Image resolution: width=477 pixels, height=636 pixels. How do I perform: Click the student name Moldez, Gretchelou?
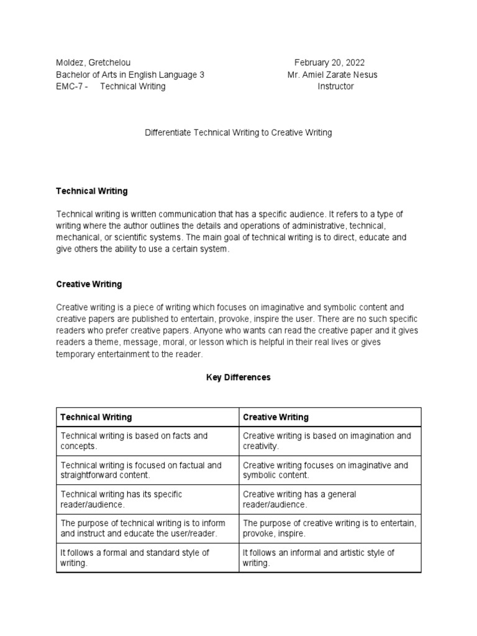tap(93, 63)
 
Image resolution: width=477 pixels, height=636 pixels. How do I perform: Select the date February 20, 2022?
tap(329, 63)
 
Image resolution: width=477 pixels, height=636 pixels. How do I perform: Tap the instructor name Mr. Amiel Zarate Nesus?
tap(332, 75)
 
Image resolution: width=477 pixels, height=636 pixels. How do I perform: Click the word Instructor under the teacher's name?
tap(335, 86)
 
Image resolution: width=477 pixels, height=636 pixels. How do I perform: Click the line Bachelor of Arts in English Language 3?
tap(130, 75)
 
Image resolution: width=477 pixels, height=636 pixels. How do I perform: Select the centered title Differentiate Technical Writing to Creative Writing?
tap(238, 132)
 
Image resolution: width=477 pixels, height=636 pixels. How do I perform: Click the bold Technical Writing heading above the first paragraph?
tap(91, 191)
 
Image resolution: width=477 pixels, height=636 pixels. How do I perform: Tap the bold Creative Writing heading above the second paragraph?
tap(89, 284)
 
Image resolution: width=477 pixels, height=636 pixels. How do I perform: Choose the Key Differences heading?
tap(238, 377)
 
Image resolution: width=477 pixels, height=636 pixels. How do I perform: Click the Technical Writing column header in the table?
tap(94, 417)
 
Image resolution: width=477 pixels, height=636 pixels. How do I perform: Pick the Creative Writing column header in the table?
tap(276, 417)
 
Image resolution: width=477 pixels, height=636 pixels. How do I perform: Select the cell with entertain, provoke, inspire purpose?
tap(329, 529)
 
